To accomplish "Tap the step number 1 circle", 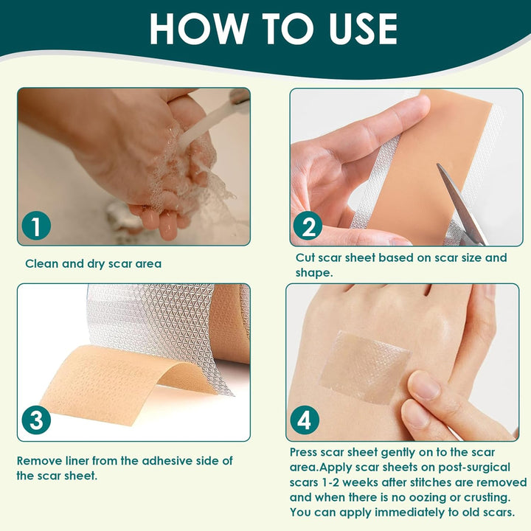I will pyautogui.click(x=35, y=225).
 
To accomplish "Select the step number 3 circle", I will pyautogui.click(x=36, y=420).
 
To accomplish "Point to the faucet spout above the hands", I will pyautogui.click(x=237, y=96).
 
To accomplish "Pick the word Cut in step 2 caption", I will pyautogui.click(x=305, y=257).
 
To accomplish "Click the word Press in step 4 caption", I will pyautogui.click(x=306, y=451).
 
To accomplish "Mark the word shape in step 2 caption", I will pyautogui.click(x=310, y=272).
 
